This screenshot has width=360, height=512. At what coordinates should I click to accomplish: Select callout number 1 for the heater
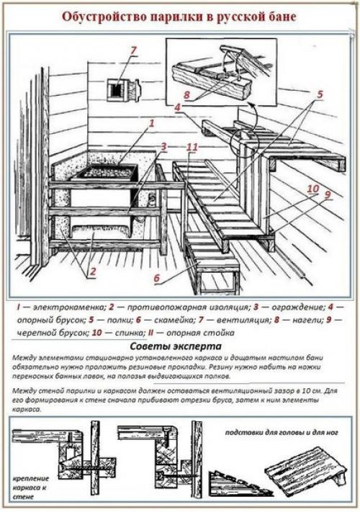tap(152, 123)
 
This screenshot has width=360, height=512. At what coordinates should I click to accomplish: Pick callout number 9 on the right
tap(327, 194)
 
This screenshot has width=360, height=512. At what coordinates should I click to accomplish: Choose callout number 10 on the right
tap(313, 188)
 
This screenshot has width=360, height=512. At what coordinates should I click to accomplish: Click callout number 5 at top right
tap(319, 94)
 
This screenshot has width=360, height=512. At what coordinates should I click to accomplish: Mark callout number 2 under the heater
tap(92, 271)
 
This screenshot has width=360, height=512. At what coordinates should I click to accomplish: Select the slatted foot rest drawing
tap(305, 470)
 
